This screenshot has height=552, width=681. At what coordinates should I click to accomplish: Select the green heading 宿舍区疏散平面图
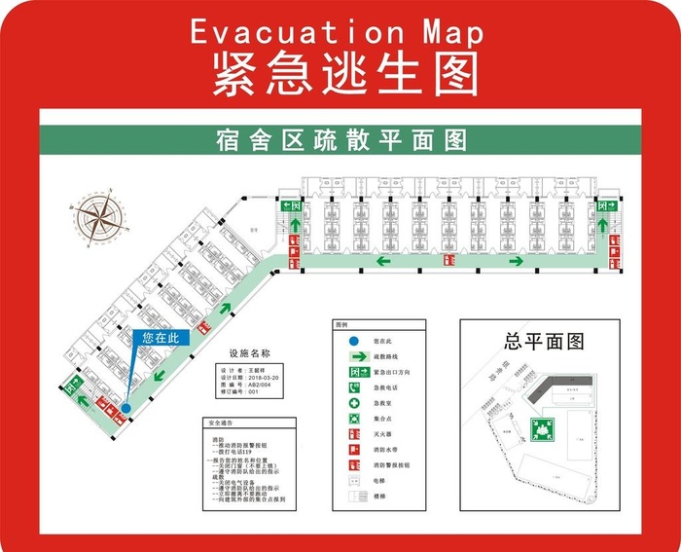point(341,139)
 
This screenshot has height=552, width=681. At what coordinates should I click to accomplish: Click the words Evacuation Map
point(337,32)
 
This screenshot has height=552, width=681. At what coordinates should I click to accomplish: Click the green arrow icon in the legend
point(354,357)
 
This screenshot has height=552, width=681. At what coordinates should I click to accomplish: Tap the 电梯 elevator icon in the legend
point(354,481)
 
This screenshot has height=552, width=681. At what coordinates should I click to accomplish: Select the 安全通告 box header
point(222,423)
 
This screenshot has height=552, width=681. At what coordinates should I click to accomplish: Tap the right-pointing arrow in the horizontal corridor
point(513,261)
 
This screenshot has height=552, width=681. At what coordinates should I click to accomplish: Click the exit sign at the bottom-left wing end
point(71,385)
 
